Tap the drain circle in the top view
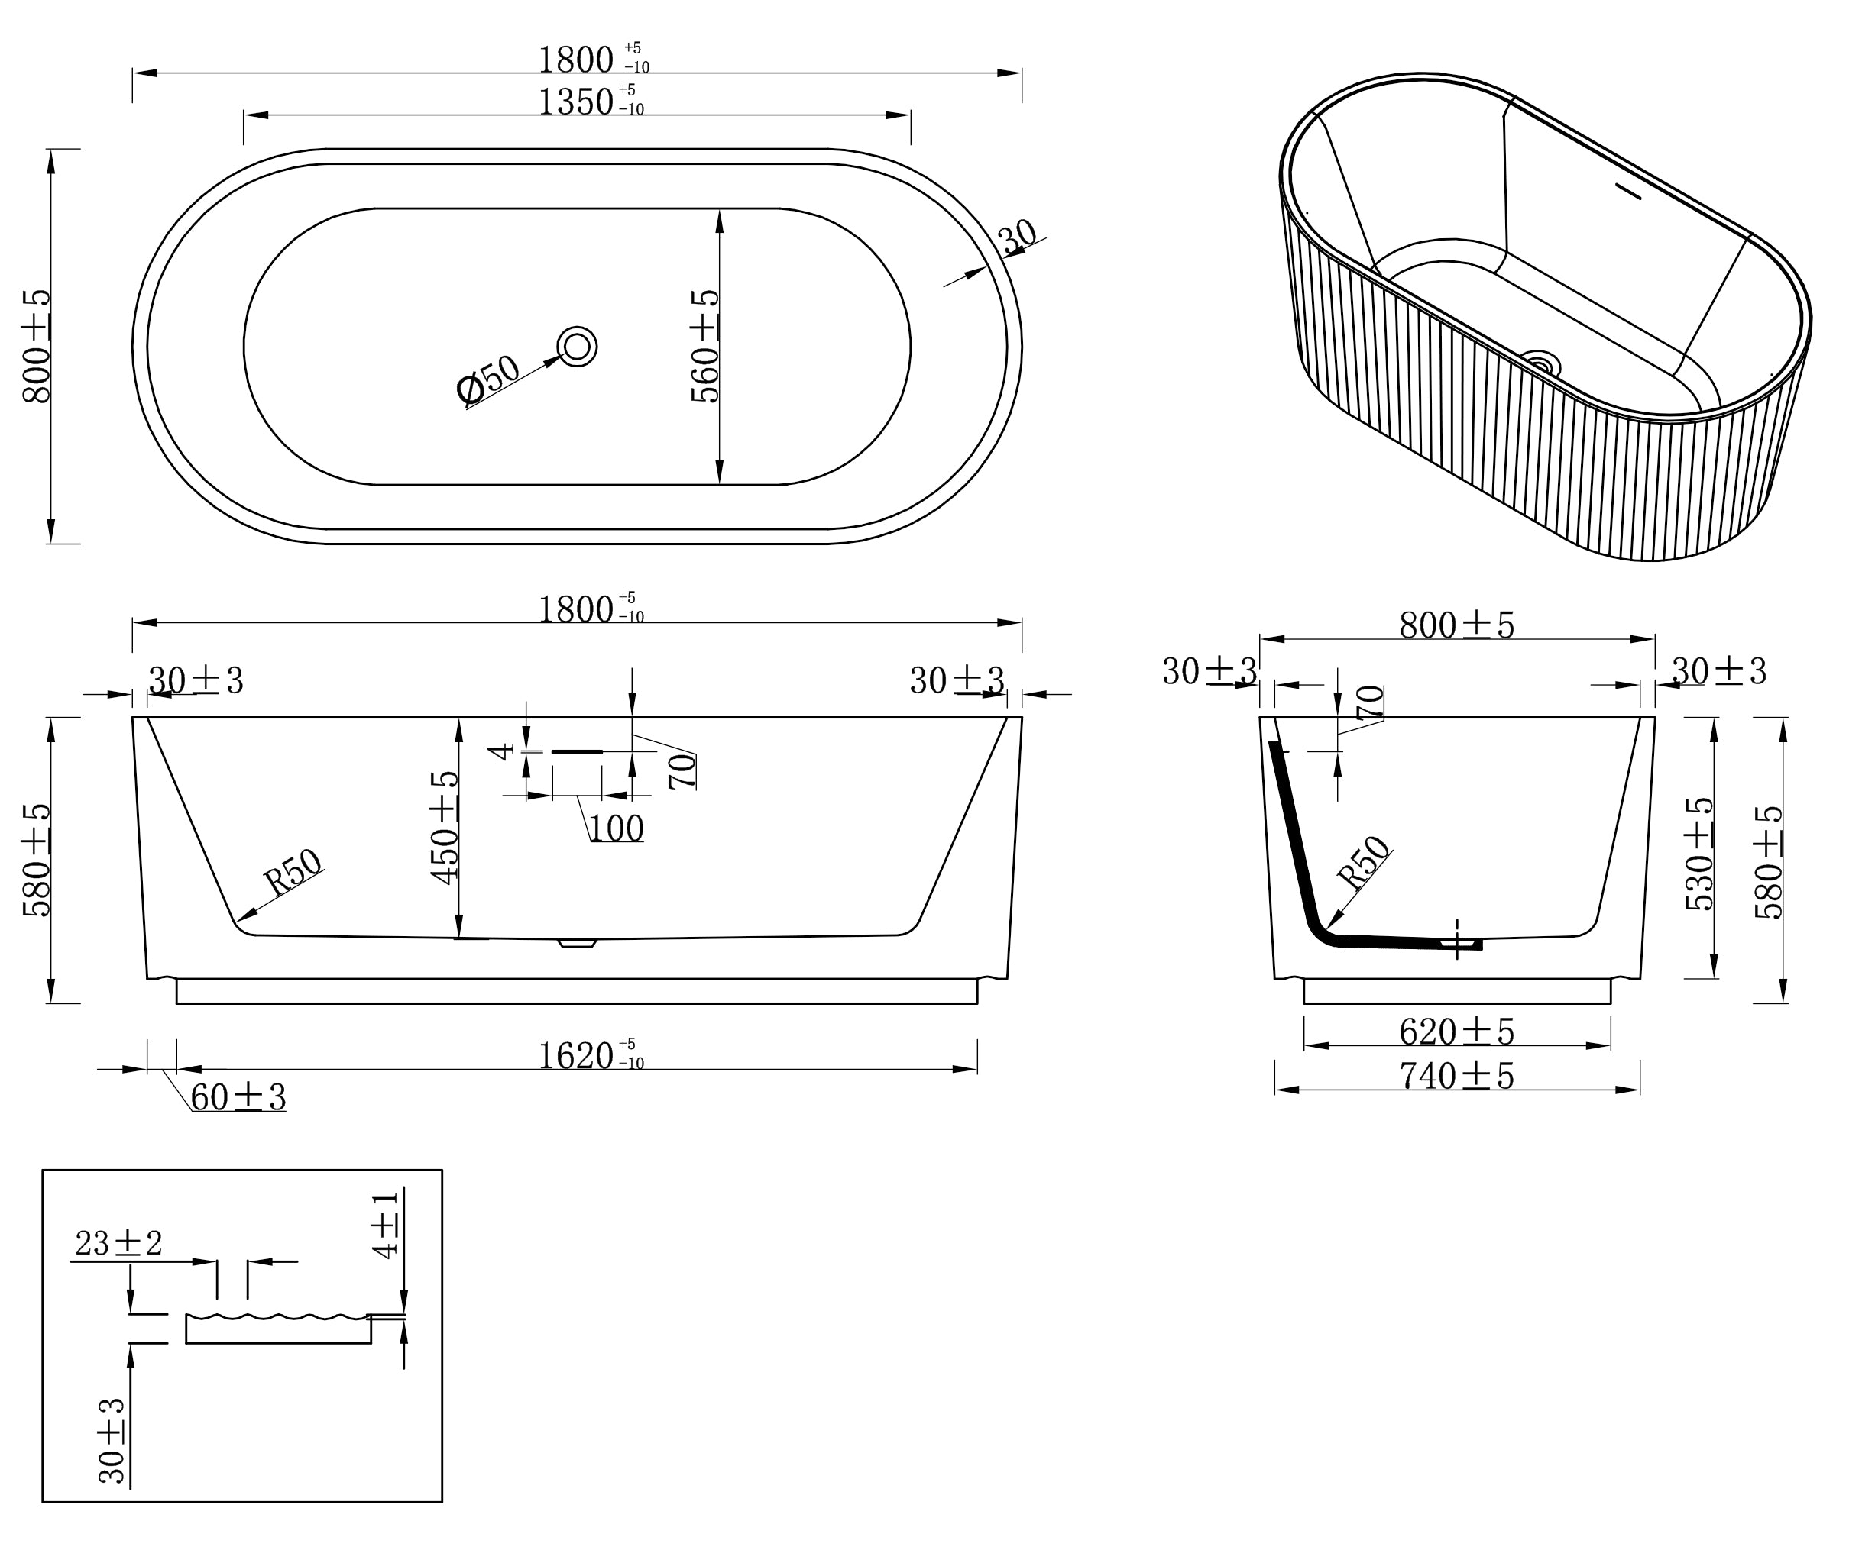point(577,346)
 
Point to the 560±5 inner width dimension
point(705,346)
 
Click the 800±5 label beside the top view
point(37,346)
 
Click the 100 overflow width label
point(617,828)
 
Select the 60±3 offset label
point(238,1097)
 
